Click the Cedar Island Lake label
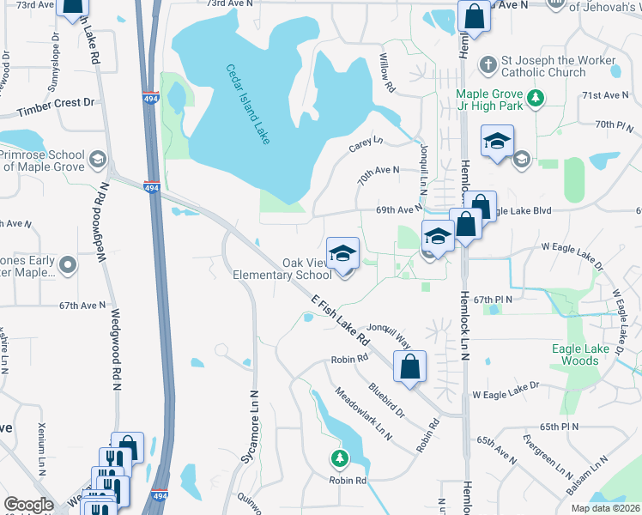tap(249, 105)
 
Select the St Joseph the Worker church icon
tap(488, 65)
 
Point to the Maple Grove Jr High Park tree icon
tap(536, 98)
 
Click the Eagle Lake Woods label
tap(586, 354)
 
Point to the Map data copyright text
tap(605, 508)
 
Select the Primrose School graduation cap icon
tap(98, 159)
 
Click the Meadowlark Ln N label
tap(364, 415)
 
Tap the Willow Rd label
tap(387, 74)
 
